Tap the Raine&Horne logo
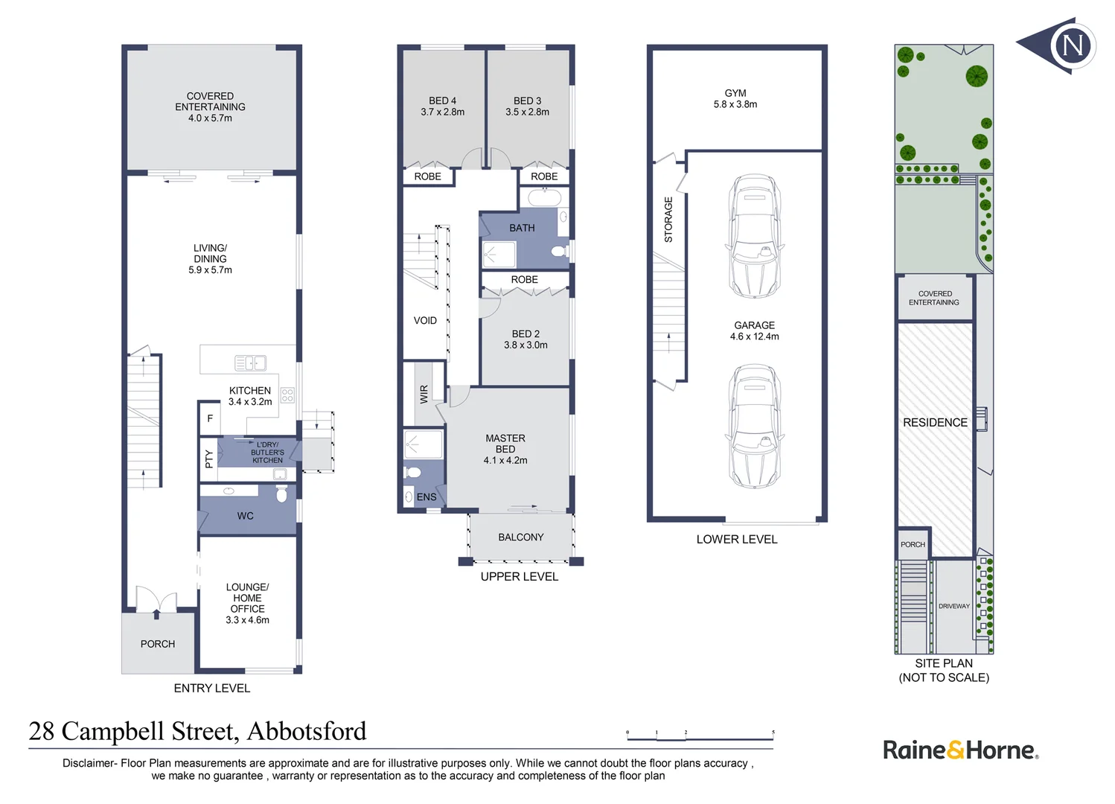pyautogui.click(x=960, y=750)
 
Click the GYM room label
pyautogui.click(x=735, y=94)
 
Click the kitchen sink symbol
pyautogui.click(x=250, y=363)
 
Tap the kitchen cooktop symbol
pyautogui.click(x=287, y=395)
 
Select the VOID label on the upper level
pyautogui.click(x=425, y=321)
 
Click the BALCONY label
pyautogui.click(x=521, y=537)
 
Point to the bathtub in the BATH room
pyautogui.click(x=544, y=198)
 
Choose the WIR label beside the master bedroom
pyautogui.click(x=424, y=394)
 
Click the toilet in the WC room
pyautogui.click(x=281, y=494)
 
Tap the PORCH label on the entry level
pyautogui.click(x=158, y=644)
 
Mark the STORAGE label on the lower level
pyautogui.click(x=668, y=220)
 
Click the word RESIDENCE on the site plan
pyautogui.click(x=935, y=423)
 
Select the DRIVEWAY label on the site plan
pyautogui.click(x=953, y=607)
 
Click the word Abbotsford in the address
pyautogui.click(x=307, y=732)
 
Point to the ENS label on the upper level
pyautogui.click(x=426, y=497)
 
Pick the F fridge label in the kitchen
pyautogui.click(x=210, y=419)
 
